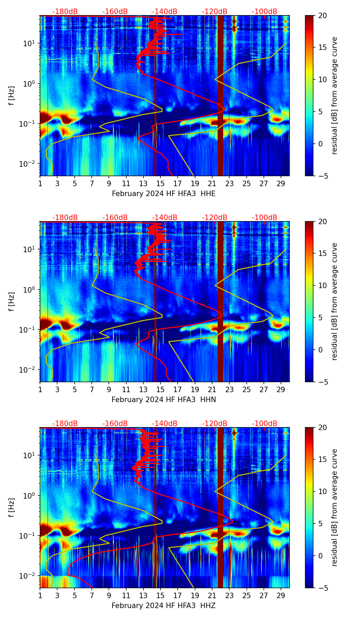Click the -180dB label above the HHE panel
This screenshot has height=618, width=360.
(65, 12)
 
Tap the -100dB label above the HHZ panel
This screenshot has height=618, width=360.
(265, 424)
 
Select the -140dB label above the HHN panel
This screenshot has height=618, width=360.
(165, 218)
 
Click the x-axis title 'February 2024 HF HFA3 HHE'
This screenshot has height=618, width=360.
(164, 194)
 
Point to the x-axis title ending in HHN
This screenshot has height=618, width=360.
(164, 400)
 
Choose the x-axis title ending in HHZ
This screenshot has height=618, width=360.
(164, 606)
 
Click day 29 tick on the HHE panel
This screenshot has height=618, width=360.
(281, 183)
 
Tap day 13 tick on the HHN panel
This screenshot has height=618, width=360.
(143, 389)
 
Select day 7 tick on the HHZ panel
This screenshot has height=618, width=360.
(92, 595)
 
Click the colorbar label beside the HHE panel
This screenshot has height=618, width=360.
(335, 95)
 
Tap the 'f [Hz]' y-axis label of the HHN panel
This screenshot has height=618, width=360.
(12, 301)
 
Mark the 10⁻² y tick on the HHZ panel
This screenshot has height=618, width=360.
(29, 576)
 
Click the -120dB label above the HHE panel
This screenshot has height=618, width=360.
(215, 12)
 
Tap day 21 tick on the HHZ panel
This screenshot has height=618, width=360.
(212, 595)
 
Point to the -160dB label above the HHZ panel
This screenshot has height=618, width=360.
(115, 424)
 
